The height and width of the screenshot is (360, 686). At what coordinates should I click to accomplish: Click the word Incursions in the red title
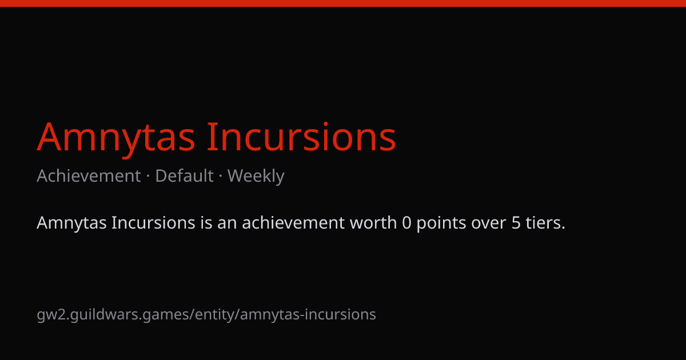pos(302,137)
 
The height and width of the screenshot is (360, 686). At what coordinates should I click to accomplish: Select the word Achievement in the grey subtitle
pos(89,176)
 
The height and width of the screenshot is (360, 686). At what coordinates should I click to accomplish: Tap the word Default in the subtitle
pos(184,176)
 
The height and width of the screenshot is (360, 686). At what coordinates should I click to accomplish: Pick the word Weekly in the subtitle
pos(256,177)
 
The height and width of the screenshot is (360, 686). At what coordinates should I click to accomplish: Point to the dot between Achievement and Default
pos(148,177)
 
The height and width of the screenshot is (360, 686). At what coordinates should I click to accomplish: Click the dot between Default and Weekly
pos(221,177)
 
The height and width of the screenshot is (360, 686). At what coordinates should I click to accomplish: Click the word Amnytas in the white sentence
pos(71,223)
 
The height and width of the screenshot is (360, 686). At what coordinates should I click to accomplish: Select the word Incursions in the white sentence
pos(153,222)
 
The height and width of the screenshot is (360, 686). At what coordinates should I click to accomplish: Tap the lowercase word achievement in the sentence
pos(293,222)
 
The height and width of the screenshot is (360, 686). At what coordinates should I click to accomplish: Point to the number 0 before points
pos(406,223)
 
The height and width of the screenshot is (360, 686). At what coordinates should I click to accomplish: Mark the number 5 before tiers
pos(516,223)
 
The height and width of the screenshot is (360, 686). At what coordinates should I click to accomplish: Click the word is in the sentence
pos(206,222)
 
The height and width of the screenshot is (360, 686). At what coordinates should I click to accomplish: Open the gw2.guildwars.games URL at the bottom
pos(206,315)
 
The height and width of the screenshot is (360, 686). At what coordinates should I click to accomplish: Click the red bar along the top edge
pos(343,3)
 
